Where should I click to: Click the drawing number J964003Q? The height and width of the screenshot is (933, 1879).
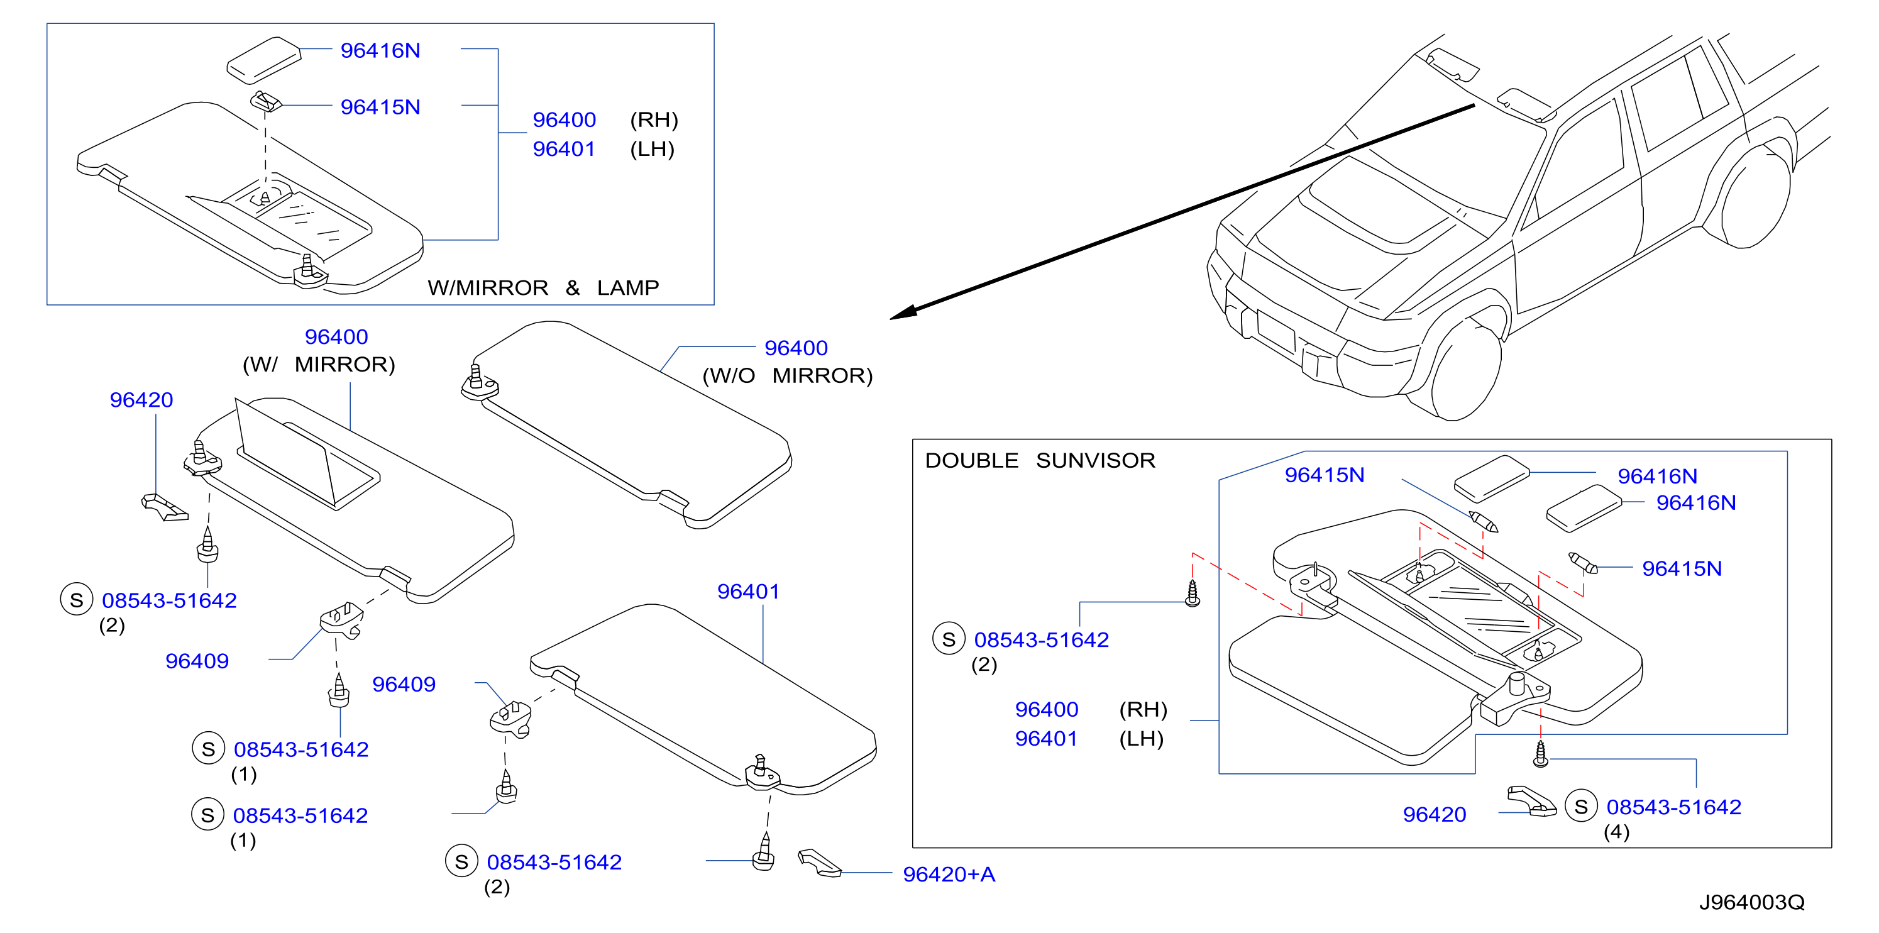1751,902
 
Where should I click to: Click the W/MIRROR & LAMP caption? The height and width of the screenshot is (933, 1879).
543,287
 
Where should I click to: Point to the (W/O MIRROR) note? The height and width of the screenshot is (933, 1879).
787,376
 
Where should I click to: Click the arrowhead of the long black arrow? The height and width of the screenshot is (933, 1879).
903,313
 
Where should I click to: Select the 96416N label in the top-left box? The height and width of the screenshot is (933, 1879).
380,50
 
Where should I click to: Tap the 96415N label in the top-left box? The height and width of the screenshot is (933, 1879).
380,108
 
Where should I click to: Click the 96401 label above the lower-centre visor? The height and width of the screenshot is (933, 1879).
748,592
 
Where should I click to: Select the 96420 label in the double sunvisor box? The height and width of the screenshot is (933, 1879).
1434,814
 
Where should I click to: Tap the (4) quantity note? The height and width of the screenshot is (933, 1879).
1616,832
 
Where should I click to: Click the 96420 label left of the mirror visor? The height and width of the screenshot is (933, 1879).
141,400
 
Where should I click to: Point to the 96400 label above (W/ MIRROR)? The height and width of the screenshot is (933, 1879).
336,337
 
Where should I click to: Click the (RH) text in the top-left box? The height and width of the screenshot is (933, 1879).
654,119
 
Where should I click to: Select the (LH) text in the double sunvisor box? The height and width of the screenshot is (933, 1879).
1142,738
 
